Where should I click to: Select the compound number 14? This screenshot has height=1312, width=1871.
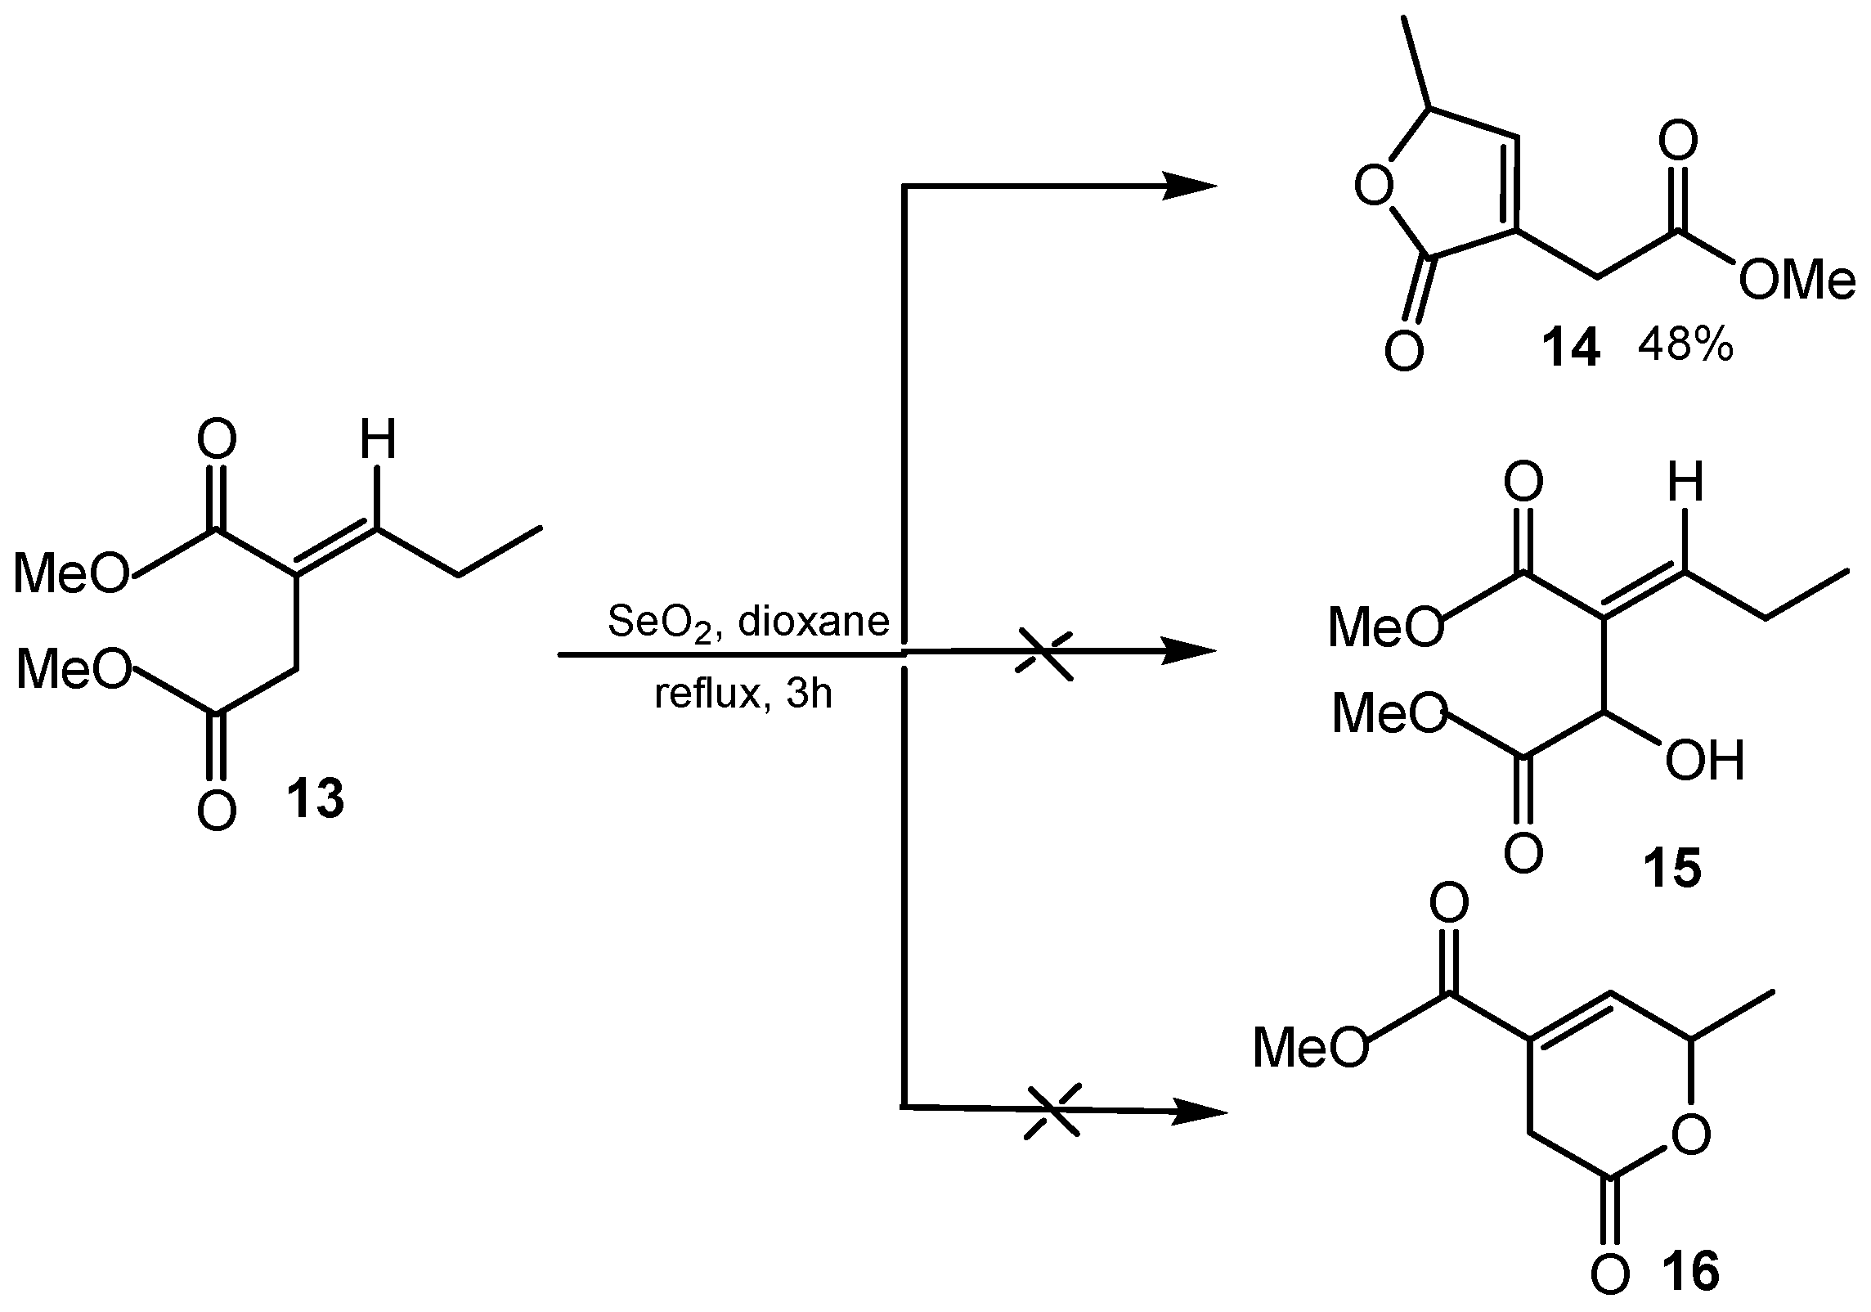click(1570, 349)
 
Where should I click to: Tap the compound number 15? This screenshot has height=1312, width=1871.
click(1671, 868)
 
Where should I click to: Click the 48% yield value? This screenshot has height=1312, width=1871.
click(1686, 348)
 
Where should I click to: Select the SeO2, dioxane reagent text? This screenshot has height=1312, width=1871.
click(748, 622)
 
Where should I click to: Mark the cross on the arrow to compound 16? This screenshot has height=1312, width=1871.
click(1053, 1111)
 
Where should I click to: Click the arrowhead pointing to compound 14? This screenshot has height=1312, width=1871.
click(1190, 186)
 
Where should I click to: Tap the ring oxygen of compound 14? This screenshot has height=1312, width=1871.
click(1373, 186)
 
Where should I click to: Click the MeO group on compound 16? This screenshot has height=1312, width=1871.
click(1309, 1048)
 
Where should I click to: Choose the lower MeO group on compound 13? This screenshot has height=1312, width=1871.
click(74, 670)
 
